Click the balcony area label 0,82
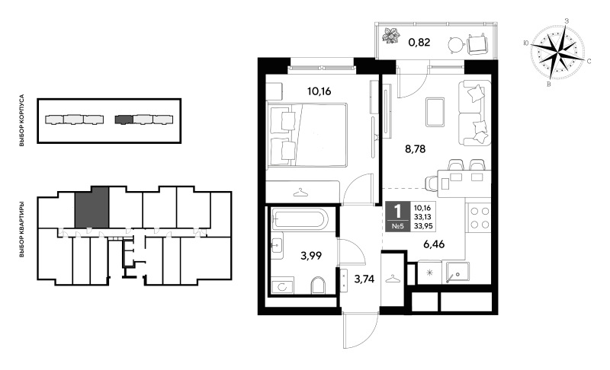pos(419,42)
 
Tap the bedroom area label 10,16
pos(319,91)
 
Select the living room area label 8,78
pos(415,148)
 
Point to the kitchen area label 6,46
pos(434,244)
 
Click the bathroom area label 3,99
pos(311,256)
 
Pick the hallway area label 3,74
pos(364,279)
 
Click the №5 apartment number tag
pos(397,227)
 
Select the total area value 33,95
pos(422,226)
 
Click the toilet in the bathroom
pos(318,285)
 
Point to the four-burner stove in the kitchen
pos(479,218)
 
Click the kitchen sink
pos(457,272)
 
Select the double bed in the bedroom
pos(307,135)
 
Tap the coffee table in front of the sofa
pos(435,112)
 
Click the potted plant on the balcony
pos(391,36)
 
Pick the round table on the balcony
pos(455,45)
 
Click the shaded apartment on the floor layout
pos(91,207)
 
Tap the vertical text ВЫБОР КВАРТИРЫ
pos(22,229)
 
